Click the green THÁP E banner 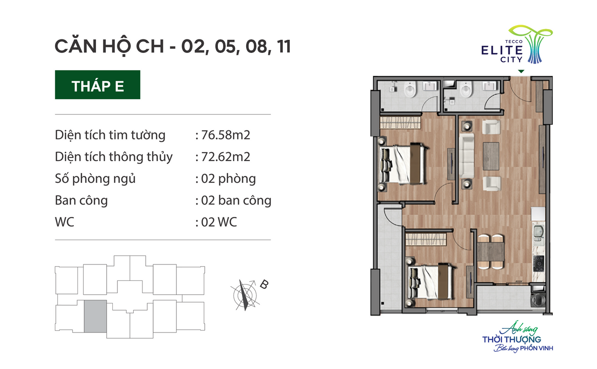98,84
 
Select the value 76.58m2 226,135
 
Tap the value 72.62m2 226,157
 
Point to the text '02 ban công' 236,200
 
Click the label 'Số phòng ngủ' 95,179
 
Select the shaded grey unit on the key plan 96,316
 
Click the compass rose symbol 245,295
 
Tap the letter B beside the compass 264,285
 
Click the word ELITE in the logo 502,50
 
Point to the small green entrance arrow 521,71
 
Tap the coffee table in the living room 491,156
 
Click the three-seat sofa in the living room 467,156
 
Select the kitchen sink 538,233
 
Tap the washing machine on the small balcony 538,300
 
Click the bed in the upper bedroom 403,164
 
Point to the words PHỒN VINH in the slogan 536,348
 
